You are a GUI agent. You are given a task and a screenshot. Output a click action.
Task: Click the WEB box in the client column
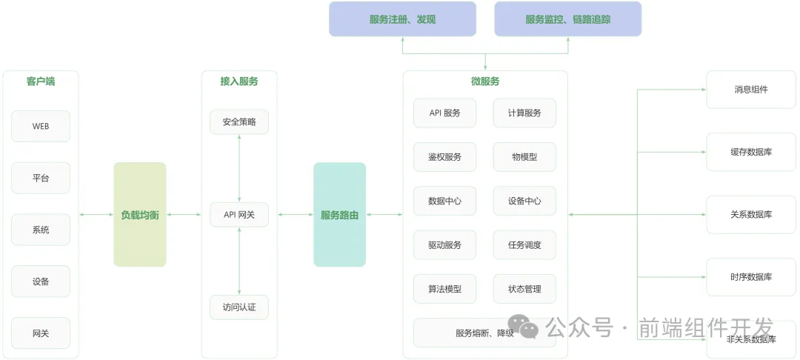point(41,126)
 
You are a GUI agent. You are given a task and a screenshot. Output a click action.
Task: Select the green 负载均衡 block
point(140,215)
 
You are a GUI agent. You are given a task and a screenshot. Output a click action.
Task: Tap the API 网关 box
point(239,215)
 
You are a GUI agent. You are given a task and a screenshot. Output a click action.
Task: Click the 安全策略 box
point(239,122)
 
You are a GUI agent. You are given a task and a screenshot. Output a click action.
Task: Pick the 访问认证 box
point(239,307)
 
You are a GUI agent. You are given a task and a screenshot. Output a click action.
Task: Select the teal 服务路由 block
point(339,215)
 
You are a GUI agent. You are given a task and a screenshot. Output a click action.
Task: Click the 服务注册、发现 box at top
point(402,19)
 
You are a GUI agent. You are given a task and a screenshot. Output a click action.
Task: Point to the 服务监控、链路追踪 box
point(567,19)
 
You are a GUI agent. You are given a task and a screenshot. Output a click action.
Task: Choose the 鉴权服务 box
point(444,157)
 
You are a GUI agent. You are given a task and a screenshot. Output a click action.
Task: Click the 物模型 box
point(524,157)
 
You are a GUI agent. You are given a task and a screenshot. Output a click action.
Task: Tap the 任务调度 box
point(524,244)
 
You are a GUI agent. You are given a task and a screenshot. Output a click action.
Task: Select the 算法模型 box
point(444,289)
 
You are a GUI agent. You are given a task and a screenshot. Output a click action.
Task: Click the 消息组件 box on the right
point(751,90)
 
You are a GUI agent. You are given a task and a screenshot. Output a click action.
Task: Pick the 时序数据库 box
point(751,277)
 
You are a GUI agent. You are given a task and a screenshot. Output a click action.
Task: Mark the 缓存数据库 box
point(751,152)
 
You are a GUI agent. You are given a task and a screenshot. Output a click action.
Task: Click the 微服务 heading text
point(485,81)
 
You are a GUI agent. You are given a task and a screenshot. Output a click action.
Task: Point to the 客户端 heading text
point(41,81)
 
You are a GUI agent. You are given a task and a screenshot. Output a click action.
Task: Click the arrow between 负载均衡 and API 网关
point(184,215)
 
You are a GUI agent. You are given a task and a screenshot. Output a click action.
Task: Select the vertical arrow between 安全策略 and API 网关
point(239,168)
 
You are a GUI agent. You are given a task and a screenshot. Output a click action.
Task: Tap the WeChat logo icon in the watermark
point(528,328)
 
